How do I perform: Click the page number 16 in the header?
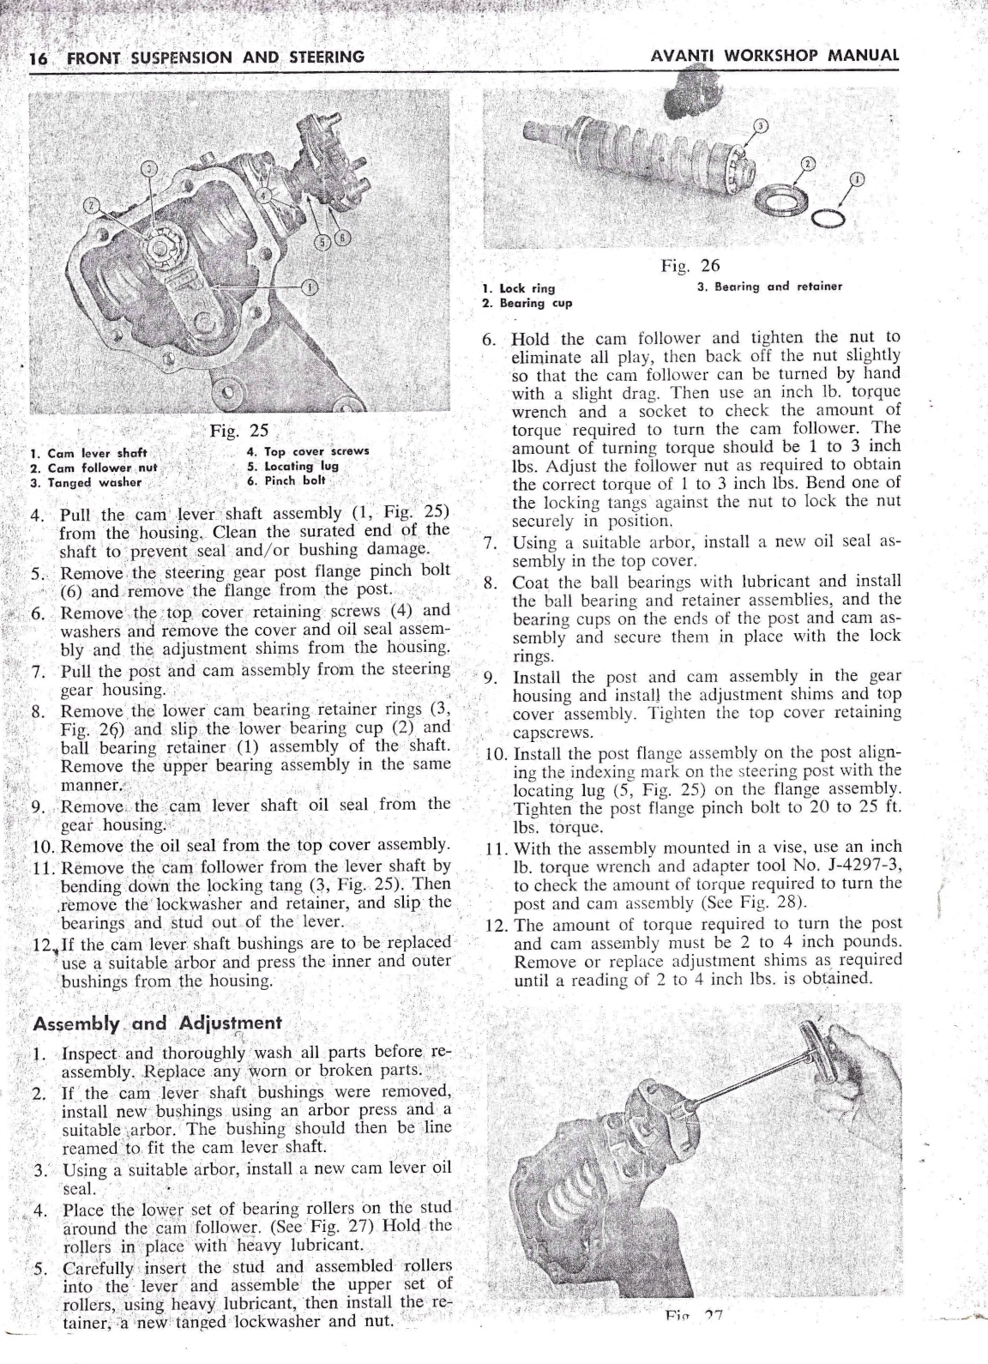click(x=38, y=58)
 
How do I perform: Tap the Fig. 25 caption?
click(x=238, y=431)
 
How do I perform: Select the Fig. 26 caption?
click(x=690, y=265)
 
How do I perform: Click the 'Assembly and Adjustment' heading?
click(x=157, y=1023)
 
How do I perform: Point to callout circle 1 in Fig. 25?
click(x=310, y=287)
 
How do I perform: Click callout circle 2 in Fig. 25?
click(x=91, y=204)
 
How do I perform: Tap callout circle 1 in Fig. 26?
click(x=858, y=179)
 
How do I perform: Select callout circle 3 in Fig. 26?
click(x=762, y=125)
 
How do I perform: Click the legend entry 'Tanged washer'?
click(x=87, y=482)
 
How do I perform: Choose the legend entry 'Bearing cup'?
click(x=527, y=303)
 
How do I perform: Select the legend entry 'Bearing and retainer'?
click(x=770, y=287)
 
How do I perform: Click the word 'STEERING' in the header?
click(x=327, y=57)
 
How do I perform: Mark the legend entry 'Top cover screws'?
click(x=308, y=451)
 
